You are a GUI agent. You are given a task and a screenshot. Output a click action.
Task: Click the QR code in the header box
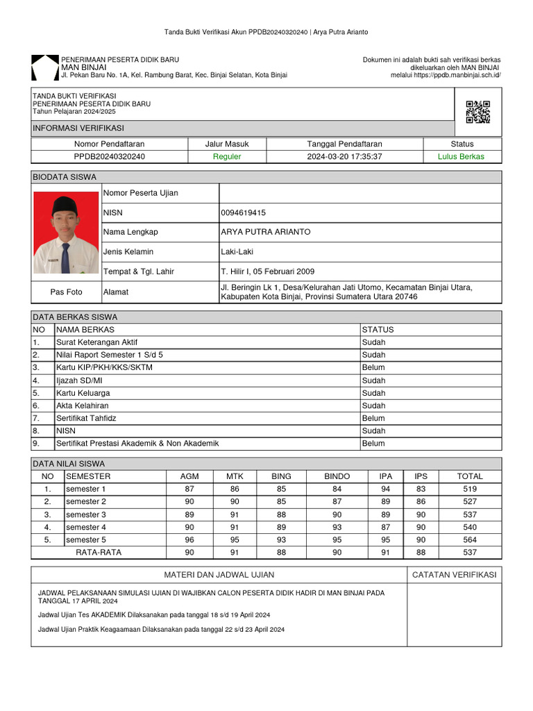[x=477, y=112]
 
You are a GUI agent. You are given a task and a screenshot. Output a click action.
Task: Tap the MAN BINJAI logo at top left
[x=45, y=67]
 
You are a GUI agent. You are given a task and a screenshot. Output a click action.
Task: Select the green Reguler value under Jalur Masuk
[x=227, y=157]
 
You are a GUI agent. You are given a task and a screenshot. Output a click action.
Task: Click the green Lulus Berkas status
[x=461, y=157]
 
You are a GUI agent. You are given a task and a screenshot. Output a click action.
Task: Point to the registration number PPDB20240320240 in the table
[x=110, y=157]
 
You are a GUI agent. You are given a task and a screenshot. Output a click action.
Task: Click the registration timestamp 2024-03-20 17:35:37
[x=344, y=157]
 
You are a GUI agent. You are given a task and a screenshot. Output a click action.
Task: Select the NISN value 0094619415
[x=243, y=212]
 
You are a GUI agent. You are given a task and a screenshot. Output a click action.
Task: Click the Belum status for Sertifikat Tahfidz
[x=373, y=418]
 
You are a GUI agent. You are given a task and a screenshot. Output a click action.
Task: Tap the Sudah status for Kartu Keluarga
[x=373, y=393]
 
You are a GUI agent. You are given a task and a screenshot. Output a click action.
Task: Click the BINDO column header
[x=337, y=476]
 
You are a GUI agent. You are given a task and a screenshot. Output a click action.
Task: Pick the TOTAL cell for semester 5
[x=470, y=539]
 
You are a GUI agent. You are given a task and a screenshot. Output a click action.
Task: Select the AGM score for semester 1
[x=189, y=489]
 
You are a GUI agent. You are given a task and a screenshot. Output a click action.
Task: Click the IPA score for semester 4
[x=386, y=527]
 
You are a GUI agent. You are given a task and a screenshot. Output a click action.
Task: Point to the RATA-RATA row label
[x=98, y=553]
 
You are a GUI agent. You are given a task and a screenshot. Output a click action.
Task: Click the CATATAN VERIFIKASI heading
[x=454, y=575]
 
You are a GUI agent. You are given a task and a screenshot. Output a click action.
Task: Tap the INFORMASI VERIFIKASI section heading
[x=78, y=128]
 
